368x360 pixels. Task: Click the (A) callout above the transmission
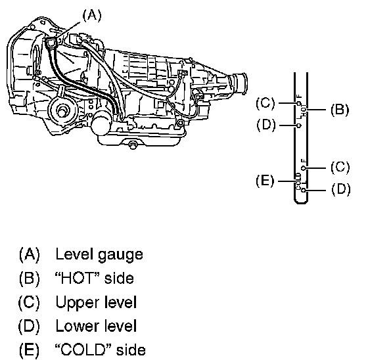tap(92, 16)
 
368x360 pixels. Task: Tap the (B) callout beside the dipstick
tap(340, 110)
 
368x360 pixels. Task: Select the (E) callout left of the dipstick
tap(265, 181)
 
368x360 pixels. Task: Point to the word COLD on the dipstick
tap(298, 181)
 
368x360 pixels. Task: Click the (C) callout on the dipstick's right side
tap(340, 167)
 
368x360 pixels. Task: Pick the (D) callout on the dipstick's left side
tap(266, 125)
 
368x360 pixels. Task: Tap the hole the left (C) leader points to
tap(298, 103)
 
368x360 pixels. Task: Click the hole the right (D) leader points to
tap(304, 190)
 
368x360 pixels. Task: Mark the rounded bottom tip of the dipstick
tap(301, 202)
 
